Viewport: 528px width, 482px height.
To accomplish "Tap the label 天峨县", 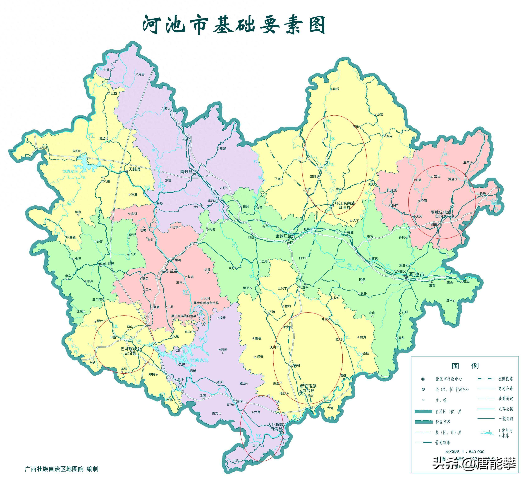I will (x=134, y=169).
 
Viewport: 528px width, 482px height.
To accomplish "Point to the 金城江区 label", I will (x=283, y=236).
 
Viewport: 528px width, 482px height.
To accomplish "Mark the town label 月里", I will (x=141, y=74).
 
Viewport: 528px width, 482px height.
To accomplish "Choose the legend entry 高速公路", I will (x=505, y=389).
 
